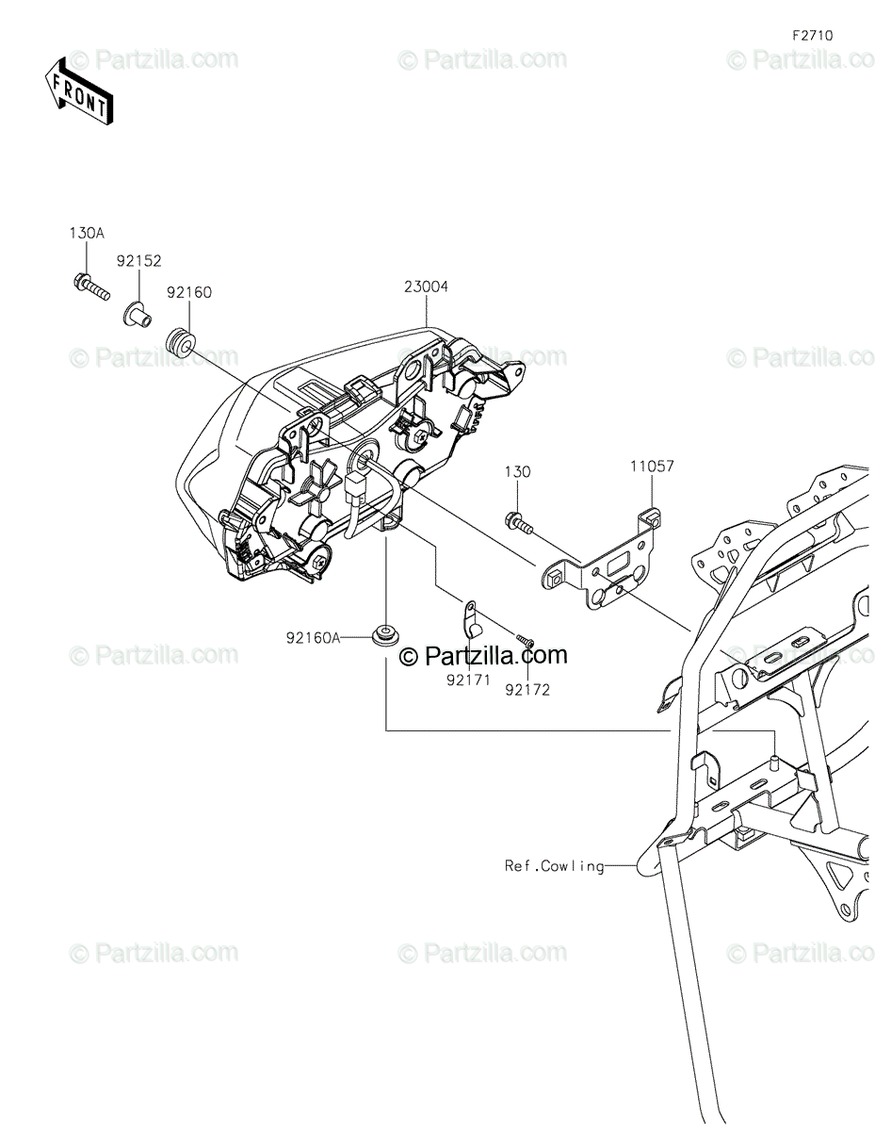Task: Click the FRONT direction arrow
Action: (81, 89)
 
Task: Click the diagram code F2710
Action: (812, 36)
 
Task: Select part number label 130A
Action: (86, 232)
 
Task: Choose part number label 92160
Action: (189, 292)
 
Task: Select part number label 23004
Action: (426, 287)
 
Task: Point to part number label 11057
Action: (652, 466)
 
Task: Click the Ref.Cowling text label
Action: (554, 865)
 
